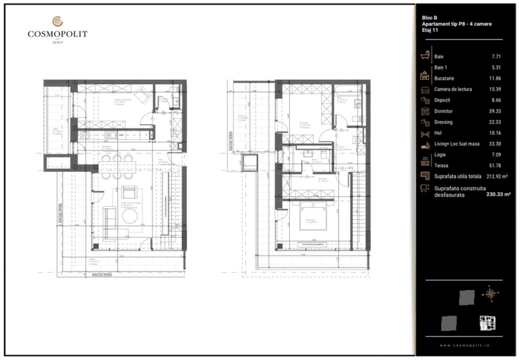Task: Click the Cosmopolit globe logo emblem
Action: coord(58,21)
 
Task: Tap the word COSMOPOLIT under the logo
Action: coord(58,34)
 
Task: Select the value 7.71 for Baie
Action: coord(496,56)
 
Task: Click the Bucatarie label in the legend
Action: coord(444,78)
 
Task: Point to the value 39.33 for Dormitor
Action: coord(495,111)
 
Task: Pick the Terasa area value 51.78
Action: coord(495,165)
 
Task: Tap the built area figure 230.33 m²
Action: coord(498,195)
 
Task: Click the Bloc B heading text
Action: coord(430,18)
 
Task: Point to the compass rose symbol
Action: coord(490,293)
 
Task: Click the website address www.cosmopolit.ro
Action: coord(465,345)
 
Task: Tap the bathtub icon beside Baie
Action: coord(425,55)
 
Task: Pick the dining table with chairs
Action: coord(117,166)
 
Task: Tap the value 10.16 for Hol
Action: coord(495,133)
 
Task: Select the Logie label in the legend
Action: coord(440,154)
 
